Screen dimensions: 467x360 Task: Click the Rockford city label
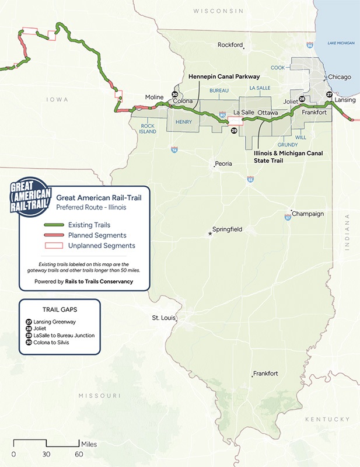[x=229, y=44]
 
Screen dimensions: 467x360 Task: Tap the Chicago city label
[x=340, y=76]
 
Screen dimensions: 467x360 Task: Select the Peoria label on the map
[x=223, y=164]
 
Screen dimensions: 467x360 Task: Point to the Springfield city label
[x=227, y=229]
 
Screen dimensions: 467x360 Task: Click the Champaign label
[x=307, y=214]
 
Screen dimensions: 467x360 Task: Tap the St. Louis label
[x=163, y=318]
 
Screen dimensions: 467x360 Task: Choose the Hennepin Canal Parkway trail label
[x=223, y=76]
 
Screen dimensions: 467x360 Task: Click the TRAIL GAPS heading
[x=60, y=311]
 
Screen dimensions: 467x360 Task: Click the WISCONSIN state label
[x=218, y=11]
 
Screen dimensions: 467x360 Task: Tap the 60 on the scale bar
[x=78, y=454]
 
